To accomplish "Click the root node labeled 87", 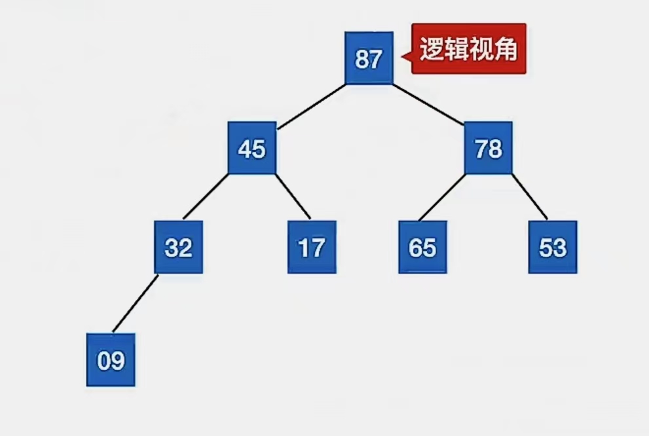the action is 369,59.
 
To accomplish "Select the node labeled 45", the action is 252,149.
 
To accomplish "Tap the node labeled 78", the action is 489,149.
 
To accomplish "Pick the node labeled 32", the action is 178,247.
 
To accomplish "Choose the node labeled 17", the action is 312,247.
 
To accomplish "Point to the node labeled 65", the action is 422,247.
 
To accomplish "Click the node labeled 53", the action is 553,247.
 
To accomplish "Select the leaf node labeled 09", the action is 111,360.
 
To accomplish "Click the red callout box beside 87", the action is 469,49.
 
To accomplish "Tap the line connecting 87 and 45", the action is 310,104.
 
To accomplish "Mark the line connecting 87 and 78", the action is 428,104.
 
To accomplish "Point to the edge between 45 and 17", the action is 293,196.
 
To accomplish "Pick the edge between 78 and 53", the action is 529,196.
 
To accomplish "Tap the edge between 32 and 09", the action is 136,304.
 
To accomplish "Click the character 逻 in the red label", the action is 432,49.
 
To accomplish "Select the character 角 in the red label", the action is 506,49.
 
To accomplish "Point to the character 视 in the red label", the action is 481,49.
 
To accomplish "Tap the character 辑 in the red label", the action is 456,49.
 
